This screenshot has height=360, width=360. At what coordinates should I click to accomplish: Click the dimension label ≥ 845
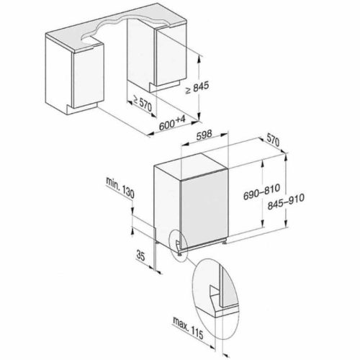(197, 88)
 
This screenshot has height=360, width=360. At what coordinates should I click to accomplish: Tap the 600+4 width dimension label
(172, 123)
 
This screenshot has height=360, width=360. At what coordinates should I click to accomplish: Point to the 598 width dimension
(204, 135)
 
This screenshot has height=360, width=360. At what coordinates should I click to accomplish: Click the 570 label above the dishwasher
(273, 140)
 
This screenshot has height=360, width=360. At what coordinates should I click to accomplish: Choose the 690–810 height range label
(261, 192)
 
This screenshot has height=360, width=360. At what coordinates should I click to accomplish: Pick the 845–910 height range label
(286, 201)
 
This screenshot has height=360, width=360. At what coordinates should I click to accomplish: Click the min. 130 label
(120, 187)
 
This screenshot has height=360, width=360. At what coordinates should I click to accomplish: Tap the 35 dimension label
(140, 256)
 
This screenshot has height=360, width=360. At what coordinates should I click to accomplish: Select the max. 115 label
(188, 328)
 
